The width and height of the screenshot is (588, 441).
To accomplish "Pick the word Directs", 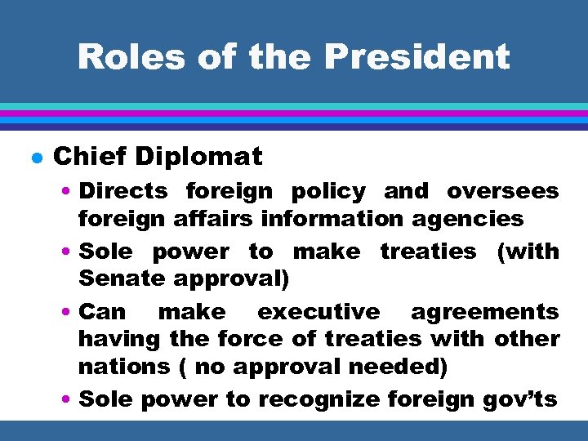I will [123, 191].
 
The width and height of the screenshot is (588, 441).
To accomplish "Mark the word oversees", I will [503, 192].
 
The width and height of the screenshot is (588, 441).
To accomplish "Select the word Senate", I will [122, 278].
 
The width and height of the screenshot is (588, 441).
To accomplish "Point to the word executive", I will [318, 312].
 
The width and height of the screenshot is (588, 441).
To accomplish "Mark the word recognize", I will [321, 399].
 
